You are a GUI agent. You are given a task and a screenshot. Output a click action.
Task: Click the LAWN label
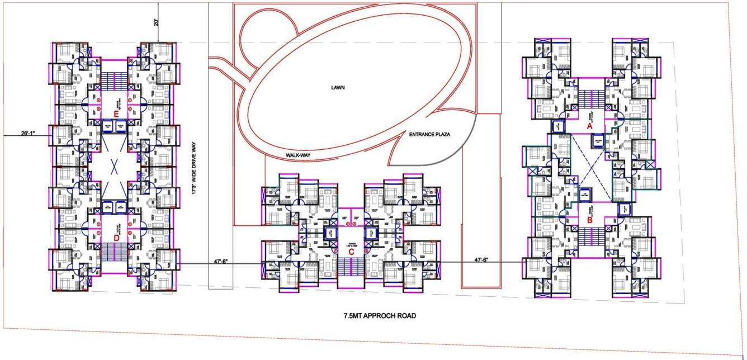337,88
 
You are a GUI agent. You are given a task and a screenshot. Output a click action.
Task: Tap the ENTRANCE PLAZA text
429,135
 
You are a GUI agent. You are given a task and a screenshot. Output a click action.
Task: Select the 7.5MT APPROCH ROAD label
380,316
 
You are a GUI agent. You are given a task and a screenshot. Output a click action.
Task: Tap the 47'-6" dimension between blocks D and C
220,260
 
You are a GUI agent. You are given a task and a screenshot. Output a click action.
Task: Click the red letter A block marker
589,126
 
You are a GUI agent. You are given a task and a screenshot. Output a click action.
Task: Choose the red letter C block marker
351,251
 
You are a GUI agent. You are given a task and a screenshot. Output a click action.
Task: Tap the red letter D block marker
116,238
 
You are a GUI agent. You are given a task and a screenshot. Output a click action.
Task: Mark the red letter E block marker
116,114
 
